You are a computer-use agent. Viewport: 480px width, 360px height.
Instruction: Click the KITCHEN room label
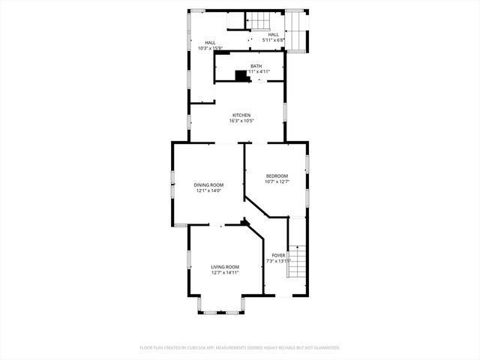pos(235,115)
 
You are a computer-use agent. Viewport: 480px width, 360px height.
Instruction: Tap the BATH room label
pos(256,67)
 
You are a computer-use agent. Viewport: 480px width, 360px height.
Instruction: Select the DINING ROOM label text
pos(208,184)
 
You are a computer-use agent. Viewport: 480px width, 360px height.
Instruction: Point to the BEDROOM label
pos(277,175)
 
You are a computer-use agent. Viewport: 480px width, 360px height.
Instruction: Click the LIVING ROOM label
pos(225,267)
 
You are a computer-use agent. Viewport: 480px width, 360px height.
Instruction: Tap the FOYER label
pos(278,255)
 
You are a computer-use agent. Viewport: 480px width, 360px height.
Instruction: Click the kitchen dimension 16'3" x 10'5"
pos(235,121)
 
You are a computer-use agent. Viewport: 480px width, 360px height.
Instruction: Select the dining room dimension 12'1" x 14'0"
pos(208,190)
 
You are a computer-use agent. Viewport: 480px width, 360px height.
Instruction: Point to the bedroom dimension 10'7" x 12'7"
pos(277,181)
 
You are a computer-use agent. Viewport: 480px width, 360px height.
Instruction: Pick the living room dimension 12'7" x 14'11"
pos(225,273)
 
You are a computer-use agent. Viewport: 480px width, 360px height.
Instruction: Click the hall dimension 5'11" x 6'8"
pos(273,40)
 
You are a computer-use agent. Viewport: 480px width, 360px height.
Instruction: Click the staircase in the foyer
pos(298,262)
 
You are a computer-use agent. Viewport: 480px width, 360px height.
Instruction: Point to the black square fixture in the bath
pos(241,75)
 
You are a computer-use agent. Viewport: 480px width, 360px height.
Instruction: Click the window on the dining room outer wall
pos(172,184)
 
